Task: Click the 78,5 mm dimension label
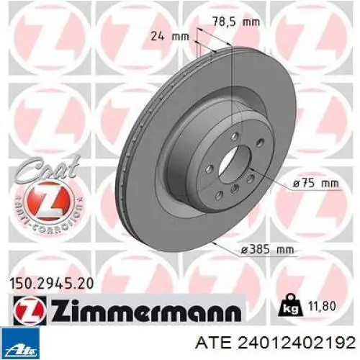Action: (236, 22)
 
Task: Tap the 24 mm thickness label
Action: (170, 37)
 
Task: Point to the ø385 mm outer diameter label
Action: (267, 250)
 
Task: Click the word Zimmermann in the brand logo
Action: (146, 310)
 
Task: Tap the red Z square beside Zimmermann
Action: (30, 310)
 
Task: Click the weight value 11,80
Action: (322, 306)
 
